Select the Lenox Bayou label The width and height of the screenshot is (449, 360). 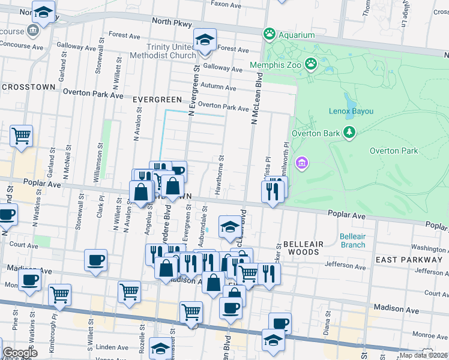click(351, 111)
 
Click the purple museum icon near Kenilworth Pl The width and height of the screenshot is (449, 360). click(302, 163)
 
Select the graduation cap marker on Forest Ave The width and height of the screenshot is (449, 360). click(205, 40)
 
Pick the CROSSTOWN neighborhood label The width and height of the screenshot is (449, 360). click(29, 86)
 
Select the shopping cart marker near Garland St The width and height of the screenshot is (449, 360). click(21, 136)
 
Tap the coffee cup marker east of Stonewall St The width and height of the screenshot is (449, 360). click(96, 260)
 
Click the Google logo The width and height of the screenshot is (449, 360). click(20, 353)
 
